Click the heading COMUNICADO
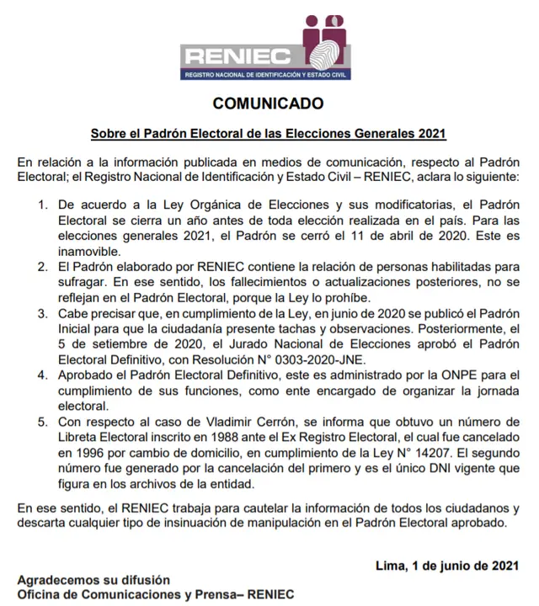[x=268, y=104]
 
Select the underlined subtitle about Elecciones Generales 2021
[x=268, y=134]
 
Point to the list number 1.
[x=43, y=205]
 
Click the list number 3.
[x=43, y=313]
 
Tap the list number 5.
[x=43, y=422]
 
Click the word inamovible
[x=88, y=250]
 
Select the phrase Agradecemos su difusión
[x=93, y=581]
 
